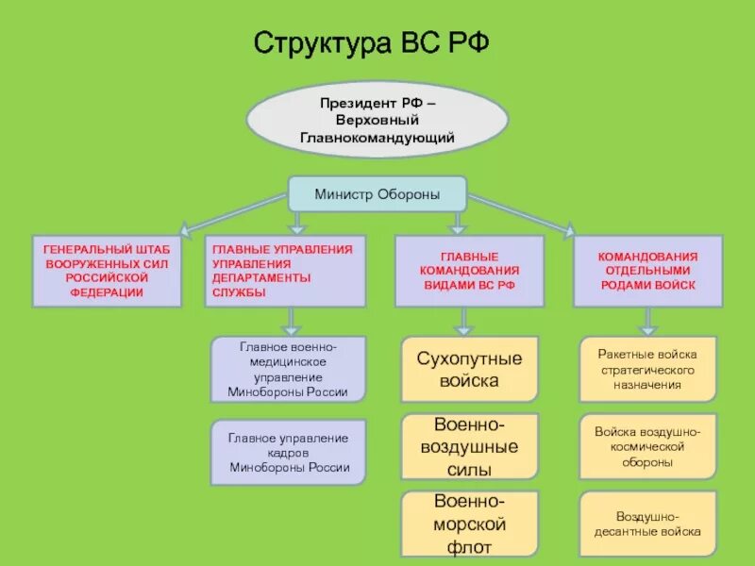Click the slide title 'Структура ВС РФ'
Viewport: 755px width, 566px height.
click(x=371, y=43)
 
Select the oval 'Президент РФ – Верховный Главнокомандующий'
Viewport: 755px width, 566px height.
click(x=377, y=119)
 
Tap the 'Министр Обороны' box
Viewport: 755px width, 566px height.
click(x=377, y=194)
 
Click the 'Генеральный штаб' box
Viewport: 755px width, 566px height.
click(x=107, y=271)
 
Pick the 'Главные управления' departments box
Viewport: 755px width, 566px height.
click(x=285, y=271)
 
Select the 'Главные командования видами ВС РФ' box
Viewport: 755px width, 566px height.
click(x=469, y=271)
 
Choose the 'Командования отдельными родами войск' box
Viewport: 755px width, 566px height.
click(x=647, y=271)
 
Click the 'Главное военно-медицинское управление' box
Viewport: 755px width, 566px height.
click(x=288, y=370)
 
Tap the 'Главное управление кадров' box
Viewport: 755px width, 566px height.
click(x=288, y=453)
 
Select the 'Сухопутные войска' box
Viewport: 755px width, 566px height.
click(x=469, y=370)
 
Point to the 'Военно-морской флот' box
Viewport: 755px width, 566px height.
click(x=469, y=524)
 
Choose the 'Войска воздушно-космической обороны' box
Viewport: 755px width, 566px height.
click(x=647, y=446)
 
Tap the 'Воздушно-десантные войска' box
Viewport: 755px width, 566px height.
click(x=647, y=524)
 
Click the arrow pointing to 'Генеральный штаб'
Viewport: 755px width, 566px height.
click(x=231, y=213)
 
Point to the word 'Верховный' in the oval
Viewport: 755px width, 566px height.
click(x=377, y=120)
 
